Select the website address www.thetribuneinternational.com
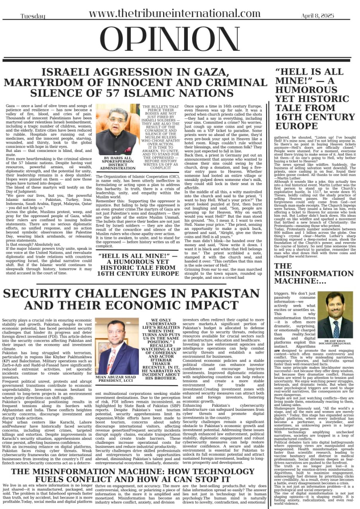(175, 14)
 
